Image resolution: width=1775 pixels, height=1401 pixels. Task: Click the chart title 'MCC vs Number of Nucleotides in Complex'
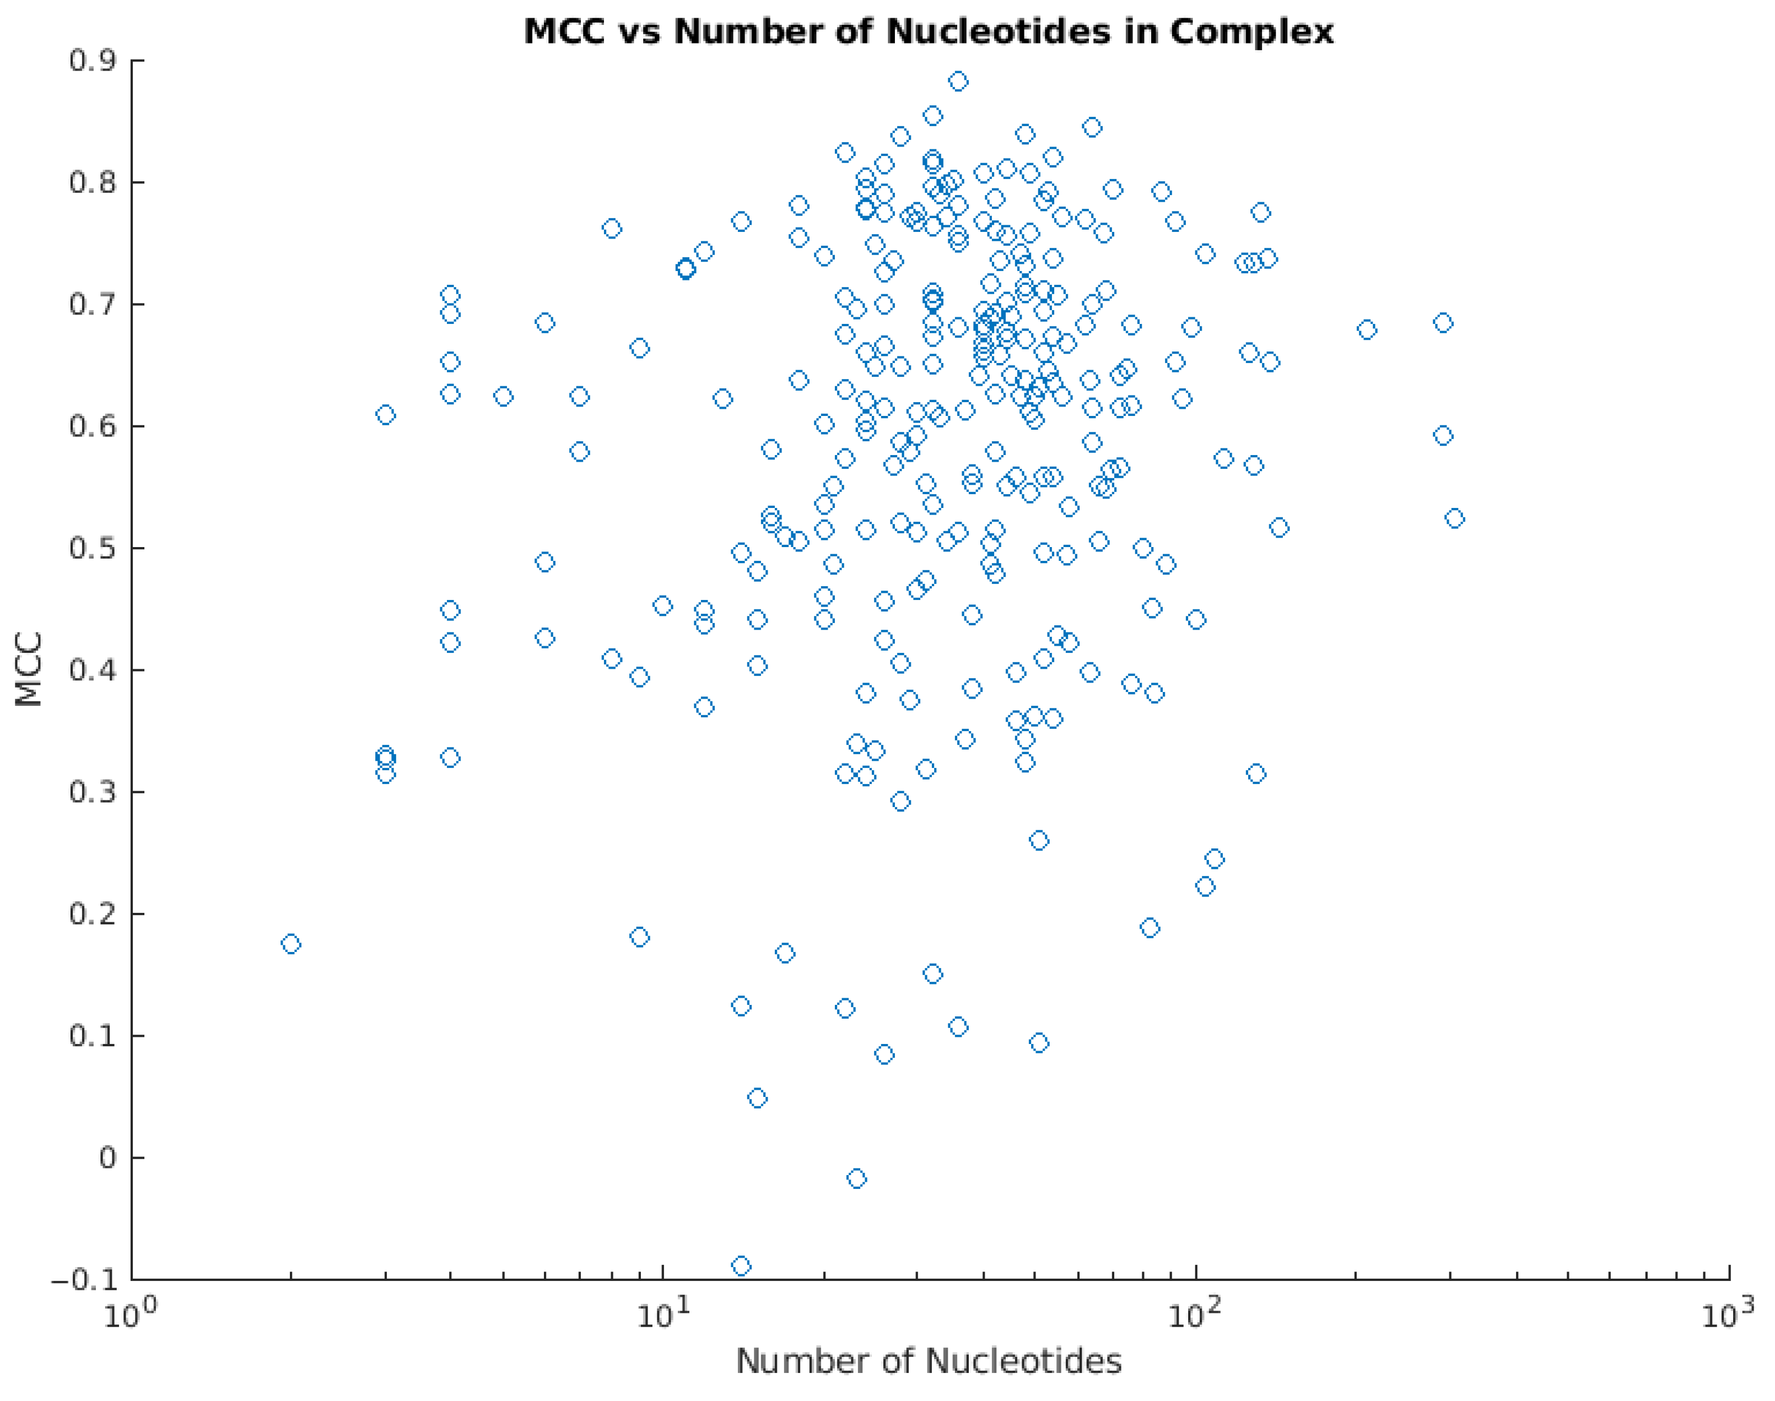(929, 32)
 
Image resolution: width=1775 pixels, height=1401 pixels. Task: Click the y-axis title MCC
(29, 669)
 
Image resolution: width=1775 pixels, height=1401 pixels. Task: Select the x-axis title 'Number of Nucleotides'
(929, 1361)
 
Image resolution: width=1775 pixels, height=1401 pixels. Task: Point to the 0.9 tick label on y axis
(93, 61)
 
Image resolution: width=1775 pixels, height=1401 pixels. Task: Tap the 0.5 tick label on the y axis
(93, 548)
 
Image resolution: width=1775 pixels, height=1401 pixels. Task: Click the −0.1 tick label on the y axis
(84, 1280)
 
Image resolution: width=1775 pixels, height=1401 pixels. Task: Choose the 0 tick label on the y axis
(107, 1158)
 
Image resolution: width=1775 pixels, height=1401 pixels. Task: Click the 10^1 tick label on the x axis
(662, 1316)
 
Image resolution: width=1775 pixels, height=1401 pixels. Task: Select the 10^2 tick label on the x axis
(1196, 1316)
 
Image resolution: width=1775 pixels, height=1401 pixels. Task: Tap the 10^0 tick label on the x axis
(130, 1316)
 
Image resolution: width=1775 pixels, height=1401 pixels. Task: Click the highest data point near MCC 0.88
(958, 81)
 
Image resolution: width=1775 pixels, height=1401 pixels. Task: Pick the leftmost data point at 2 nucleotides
(290, 944)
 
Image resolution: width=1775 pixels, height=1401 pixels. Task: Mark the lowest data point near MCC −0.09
(741, 1265)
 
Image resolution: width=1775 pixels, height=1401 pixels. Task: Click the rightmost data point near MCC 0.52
(1454, 518)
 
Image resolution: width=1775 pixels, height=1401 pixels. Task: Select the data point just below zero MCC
(856, 1179)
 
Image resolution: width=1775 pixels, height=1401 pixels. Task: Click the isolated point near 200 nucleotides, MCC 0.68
(1367, 331)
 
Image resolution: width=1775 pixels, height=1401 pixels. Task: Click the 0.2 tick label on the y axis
(93, 914)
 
